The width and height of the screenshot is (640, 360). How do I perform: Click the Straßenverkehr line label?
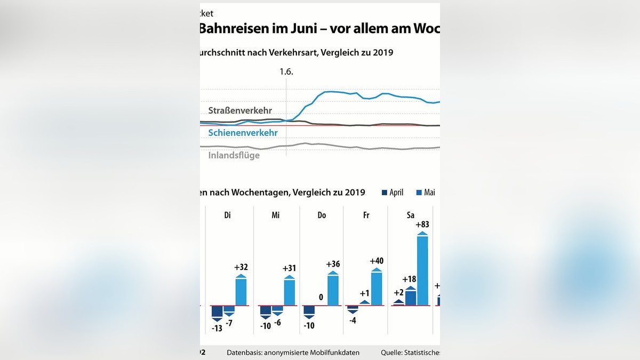click(x=240, y=110)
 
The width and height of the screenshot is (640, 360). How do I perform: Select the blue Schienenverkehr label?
click(x=243, y=132)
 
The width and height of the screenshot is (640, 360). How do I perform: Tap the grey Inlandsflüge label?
click(x=234, y=155)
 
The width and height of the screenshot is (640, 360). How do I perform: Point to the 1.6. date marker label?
click(x=287, y=71)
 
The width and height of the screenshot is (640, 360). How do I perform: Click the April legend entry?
click(x=393, y=193)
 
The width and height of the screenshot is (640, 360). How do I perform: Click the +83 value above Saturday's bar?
click(x=422, y=225)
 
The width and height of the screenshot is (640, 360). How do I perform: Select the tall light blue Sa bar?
click(x=422, y=270)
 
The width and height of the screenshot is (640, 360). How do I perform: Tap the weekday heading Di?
click(x=227, y=215)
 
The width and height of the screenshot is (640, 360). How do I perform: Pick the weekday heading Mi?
click(x=275, y=215)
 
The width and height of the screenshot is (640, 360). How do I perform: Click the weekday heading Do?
click(x=322, y=215)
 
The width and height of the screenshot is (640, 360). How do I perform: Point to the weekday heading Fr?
click(x=366, y=215)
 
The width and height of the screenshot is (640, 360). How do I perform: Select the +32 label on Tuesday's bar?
click(x=241, y=267)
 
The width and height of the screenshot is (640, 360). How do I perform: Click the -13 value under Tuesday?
click(x=217, y=329)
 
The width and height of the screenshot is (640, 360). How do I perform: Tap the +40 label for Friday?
click(x=377, y=261)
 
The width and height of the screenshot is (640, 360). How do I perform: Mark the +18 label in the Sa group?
click(x=409, y=279)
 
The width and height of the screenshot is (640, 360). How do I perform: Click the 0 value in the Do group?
click(x=321, y=297)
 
